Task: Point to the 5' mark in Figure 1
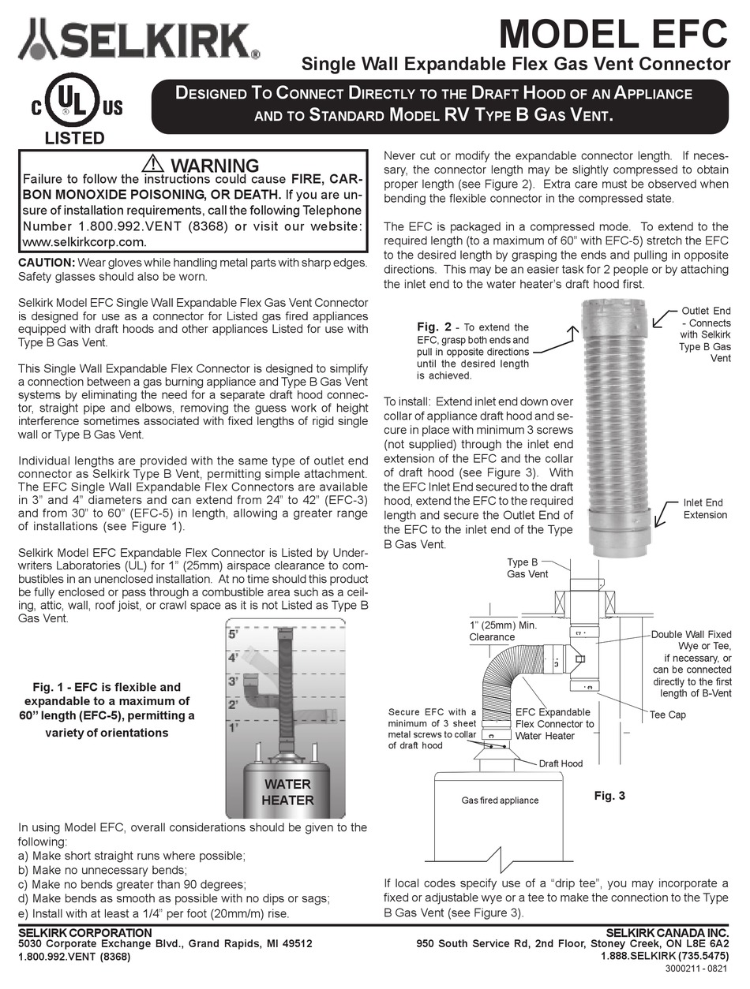pyautogui.click(x=232, y=633)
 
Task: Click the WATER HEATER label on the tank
pyautogui.click(x=287, y=792)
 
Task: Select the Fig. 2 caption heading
pyautogui.click(x=434, y=327)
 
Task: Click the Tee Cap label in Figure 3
pyautogui.click(x=667, y=715)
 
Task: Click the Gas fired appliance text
pyautogui.click(x=499, y=800)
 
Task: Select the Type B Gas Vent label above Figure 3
pyautogui.click(x=527, y=568)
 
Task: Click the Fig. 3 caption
pyautogui.click(x=609, y=796)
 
